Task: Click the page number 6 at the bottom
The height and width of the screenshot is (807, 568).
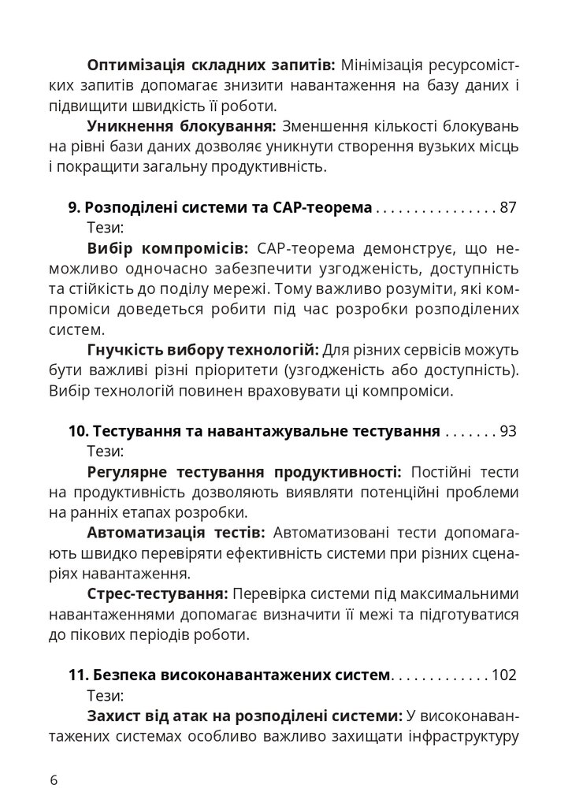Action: (53, 780)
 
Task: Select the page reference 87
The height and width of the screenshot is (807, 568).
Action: (508, 208)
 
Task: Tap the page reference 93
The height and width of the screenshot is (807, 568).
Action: (508, 432)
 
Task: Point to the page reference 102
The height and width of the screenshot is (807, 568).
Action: (503, 675)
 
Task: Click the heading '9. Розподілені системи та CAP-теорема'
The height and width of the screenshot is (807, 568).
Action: (220, 208)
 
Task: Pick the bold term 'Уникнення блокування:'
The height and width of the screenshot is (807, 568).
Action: (181, 125)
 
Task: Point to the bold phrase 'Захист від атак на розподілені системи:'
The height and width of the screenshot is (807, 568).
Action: (245, 716)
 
